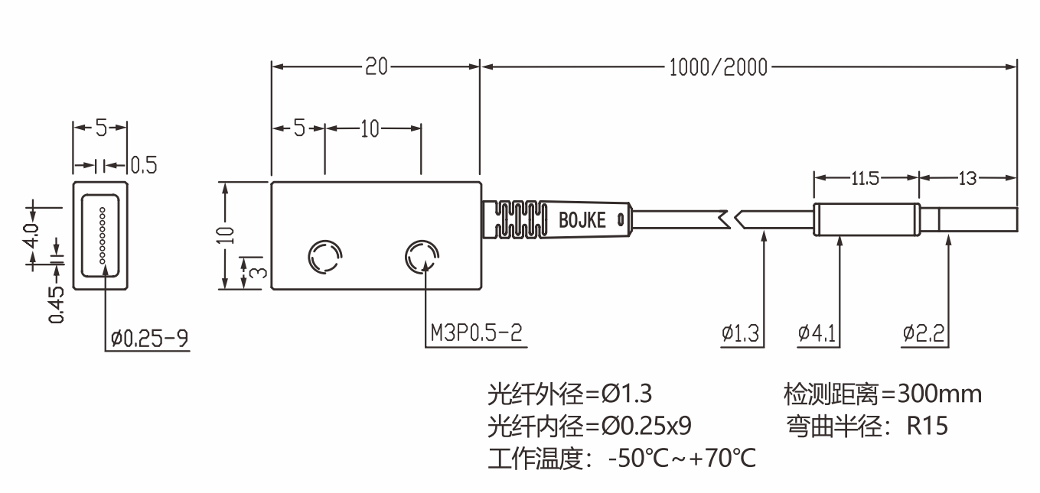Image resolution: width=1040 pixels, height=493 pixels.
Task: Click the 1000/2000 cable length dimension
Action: (717, 67)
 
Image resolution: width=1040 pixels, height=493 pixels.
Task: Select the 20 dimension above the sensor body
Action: (376, 67)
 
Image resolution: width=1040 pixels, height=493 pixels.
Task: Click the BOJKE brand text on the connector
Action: (582, 221)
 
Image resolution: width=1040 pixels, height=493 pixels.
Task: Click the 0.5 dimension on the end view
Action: (143, 165)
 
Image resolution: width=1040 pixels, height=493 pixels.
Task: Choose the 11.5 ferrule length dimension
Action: (866, 178)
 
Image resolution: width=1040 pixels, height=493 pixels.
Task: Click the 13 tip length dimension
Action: (967, 178)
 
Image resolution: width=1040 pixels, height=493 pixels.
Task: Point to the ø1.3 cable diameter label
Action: (739, 333)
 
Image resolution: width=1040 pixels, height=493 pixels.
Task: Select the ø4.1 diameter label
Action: (817, 333)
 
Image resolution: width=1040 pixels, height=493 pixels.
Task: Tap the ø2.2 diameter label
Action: (924, 333)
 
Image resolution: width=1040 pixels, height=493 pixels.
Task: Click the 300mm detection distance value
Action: (940, 394)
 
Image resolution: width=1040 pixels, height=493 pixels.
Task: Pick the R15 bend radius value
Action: (928, 426)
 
